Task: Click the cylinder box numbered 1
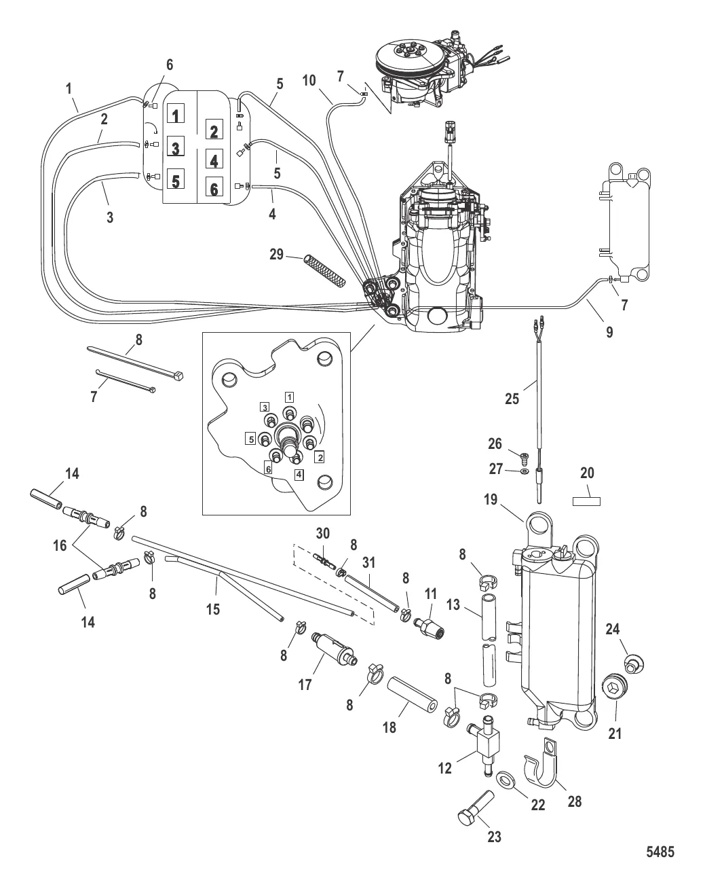176,115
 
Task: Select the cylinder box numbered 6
214,189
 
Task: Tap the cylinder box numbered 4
214,160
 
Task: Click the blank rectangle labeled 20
587,501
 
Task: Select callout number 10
309,80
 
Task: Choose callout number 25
512,399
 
